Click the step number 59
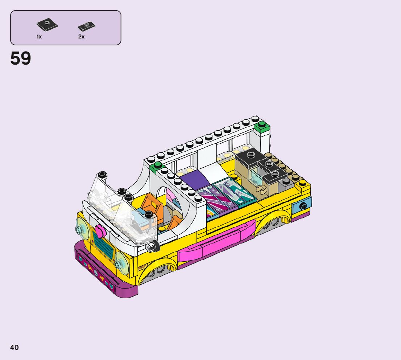(21, 58)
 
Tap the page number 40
(15, 347)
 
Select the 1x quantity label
(39, 37)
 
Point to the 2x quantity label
(81, 37)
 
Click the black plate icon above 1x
(47, 25)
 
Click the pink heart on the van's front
(100, 230)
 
